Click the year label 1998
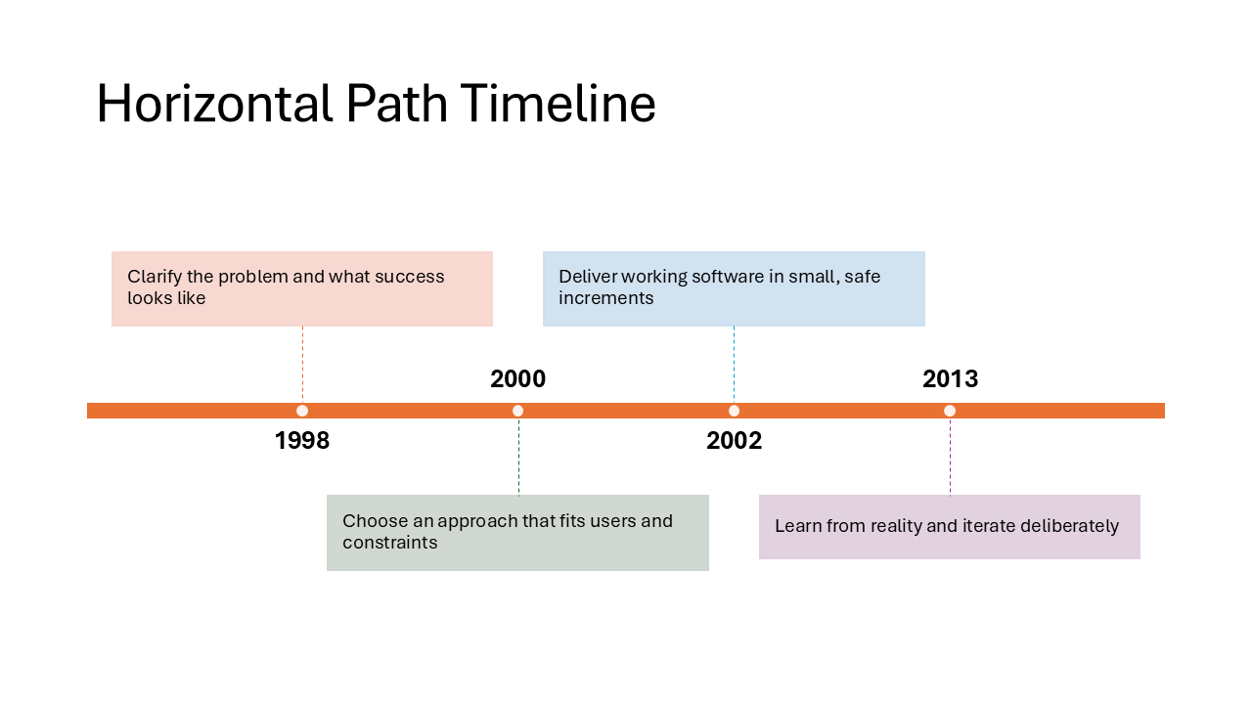point(302,441)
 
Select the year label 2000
point(517,379)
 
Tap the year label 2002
point(734,441)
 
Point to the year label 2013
point(950,379)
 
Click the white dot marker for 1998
point(302,411)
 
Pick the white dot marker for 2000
point(517,411)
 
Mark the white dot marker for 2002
point(734,411)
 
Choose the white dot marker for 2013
point(950,411)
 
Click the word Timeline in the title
point(558,104)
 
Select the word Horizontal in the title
point(214,104)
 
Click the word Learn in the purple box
point(797,526)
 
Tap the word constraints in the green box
point(389,543)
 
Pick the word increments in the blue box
point(605,298)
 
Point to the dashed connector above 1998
point(302,364)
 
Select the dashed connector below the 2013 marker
point(950,458)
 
